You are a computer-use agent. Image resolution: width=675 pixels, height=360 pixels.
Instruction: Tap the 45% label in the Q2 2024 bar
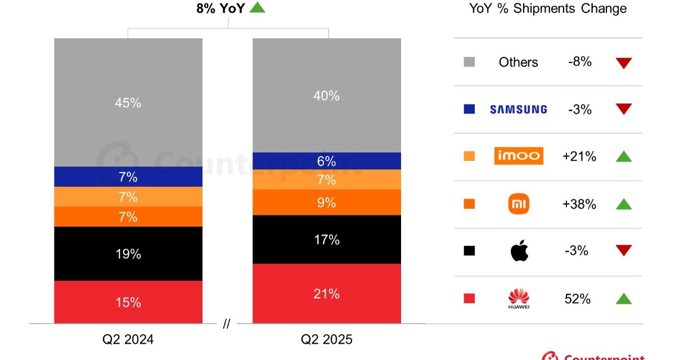128,103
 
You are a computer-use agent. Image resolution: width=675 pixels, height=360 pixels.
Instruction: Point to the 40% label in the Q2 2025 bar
326,96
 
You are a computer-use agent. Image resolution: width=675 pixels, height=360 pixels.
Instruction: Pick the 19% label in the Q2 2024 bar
128,254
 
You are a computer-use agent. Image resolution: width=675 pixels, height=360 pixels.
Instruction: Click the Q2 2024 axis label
128,340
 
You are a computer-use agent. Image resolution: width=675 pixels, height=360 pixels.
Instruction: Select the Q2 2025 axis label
326,340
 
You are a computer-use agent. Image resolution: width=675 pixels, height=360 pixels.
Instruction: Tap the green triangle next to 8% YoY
257,7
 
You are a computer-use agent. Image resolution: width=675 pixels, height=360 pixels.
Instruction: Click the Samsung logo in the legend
518,109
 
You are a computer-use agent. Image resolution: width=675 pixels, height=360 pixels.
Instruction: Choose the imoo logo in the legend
519,155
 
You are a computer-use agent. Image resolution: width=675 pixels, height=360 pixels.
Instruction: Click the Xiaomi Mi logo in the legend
519,204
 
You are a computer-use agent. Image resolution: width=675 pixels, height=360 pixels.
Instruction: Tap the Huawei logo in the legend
519,298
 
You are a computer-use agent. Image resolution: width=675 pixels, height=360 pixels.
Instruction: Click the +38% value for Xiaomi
579,204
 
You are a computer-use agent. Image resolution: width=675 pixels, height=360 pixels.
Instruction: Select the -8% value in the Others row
579,62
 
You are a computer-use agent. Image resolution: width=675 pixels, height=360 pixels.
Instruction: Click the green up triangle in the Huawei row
623,299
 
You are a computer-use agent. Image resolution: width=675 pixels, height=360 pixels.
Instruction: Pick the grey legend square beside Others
469,62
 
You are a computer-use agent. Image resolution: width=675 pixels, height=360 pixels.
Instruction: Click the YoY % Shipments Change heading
548,8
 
